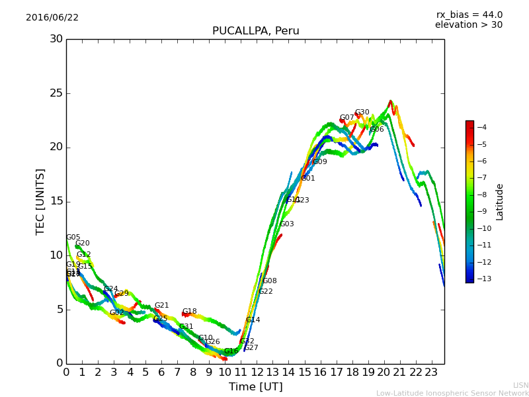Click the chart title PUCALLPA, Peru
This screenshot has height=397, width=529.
(255, 31)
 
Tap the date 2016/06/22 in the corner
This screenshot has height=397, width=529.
(52, 18)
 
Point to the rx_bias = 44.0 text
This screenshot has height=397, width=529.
(469, 15)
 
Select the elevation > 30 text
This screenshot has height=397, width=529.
(468, 25)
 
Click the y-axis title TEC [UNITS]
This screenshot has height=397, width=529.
(40, 201)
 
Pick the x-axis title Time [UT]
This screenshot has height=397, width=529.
(255, 387)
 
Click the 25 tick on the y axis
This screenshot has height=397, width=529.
(56, 93)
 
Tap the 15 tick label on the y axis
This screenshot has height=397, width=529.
(56, 201)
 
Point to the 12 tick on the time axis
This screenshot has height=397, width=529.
(257, 373)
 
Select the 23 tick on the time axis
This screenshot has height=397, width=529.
(432, 373)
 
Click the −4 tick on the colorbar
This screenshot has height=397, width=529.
(481, 127)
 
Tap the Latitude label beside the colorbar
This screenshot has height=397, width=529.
(500, 201)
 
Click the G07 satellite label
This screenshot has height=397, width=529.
(346, 118)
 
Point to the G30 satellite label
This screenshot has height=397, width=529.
(362, 112)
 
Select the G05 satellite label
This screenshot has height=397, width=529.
(73, 238)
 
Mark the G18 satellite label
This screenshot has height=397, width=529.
(189, 312)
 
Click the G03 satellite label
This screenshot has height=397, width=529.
(286, 224)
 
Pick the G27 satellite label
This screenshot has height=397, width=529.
(251, 348)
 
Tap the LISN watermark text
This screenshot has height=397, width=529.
(520, 385)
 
